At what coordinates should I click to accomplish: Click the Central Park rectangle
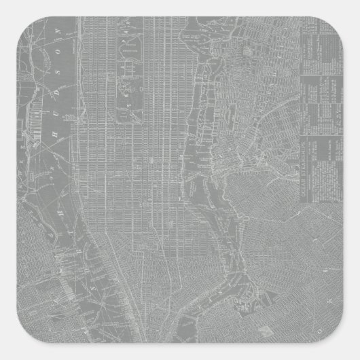[128, 68]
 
